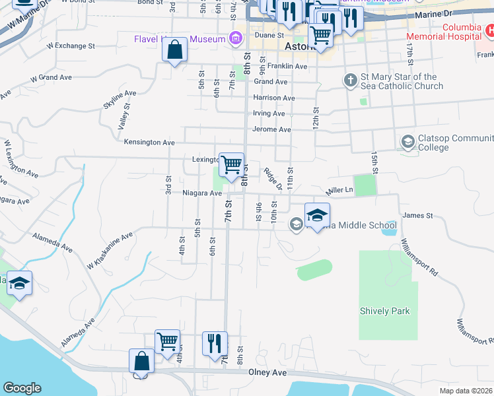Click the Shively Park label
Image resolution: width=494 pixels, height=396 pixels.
384,311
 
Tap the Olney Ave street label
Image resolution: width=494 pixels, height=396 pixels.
267,373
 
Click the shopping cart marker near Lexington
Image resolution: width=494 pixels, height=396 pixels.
231,164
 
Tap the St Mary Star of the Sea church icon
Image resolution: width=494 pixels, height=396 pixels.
350,81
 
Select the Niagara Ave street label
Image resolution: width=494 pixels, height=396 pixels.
202,193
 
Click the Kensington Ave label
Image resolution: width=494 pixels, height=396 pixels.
149,142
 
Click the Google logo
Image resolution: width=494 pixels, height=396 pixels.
22,388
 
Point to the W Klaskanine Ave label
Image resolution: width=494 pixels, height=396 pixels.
110,250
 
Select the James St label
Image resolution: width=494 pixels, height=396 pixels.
417,215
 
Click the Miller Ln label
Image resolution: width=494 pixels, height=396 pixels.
341,191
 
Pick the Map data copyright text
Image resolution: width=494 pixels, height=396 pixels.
466,391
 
